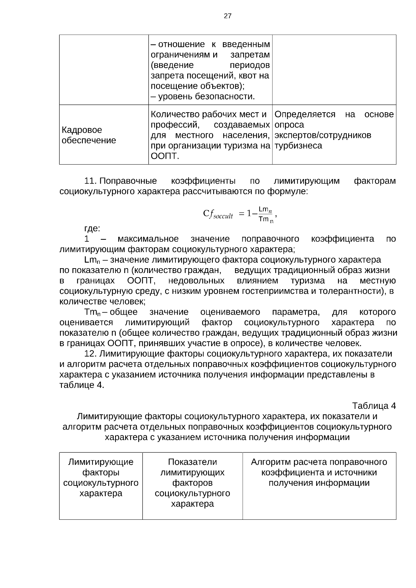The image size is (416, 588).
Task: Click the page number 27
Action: (x=227, y=16)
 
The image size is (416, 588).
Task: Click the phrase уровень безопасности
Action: (x=206, y=96)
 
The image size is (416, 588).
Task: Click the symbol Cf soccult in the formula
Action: (x=217, y=214)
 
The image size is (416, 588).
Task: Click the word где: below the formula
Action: (x=92, y=228)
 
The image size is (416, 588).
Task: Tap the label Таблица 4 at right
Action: (x=374, y=406)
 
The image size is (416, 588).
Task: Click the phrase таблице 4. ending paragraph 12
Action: (x=81, y=385)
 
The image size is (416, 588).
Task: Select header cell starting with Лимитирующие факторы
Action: (x=101, y=477)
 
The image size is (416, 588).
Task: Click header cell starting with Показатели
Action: (x=192, y=483)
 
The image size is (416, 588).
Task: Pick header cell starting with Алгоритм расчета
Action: (x=319, y=472)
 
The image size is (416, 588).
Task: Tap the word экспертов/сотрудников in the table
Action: (x=322, y=135)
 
